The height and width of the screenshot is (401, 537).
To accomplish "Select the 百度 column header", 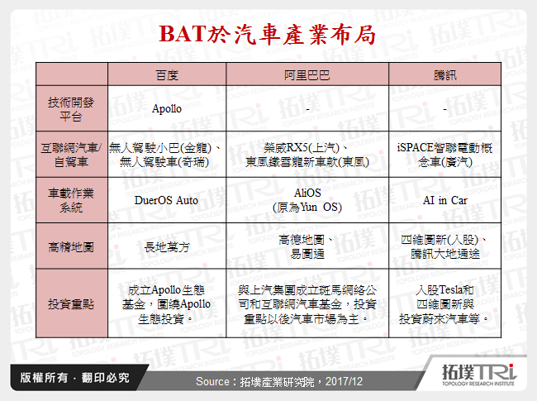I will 167,74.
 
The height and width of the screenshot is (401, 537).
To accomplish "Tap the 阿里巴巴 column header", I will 307,74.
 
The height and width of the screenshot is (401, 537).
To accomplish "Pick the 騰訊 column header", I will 445,74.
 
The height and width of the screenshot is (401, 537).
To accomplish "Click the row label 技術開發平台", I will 71,108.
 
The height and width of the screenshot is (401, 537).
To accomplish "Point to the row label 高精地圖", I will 71,246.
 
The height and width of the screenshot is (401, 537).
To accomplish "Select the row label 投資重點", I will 71,303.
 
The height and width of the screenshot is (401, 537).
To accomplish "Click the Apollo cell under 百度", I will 167,108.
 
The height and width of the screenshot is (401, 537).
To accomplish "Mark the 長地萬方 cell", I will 167,246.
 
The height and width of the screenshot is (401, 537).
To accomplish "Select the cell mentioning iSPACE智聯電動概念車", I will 445,154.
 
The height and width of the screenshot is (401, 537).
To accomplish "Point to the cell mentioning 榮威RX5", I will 307,154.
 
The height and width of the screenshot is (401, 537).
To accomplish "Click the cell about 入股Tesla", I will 445,303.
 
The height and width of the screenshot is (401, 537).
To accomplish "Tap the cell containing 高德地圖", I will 307,246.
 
